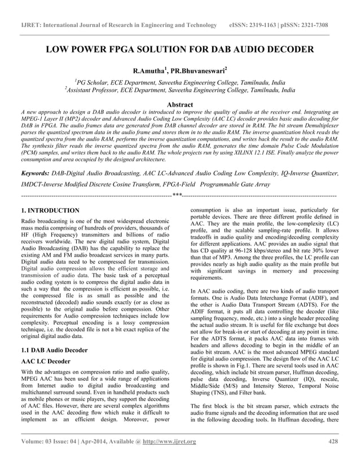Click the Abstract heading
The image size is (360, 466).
click(x=179, y=104)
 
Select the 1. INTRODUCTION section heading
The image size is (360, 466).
click(x=50, y=210)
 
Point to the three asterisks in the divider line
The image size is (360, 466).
click(x=177, y=195)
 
